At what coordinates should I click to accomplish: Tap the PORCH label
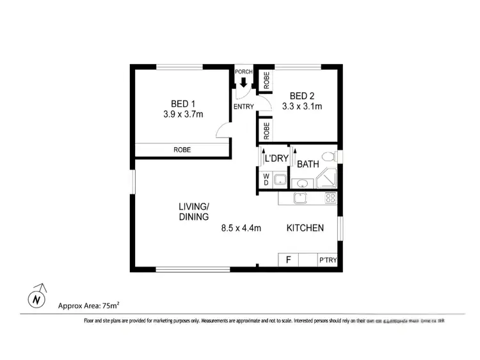point(244,71)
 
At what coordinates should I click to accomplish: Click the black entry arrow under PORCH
point(244,81)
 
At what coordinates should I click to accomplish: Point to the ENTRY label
point(244,107)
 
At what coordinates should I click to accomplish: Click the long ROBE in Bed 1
point(182,150)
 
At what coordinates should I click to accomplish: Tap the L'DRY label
point(277,159)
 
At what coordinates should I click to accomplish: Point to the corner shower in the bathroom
point(328,180)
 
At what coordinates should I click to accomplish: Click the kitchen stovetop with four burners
point(330,198)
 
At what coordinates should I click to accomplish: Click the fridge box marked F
point(289,260)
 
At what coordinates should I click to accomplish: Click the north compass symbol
point(36,298)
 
